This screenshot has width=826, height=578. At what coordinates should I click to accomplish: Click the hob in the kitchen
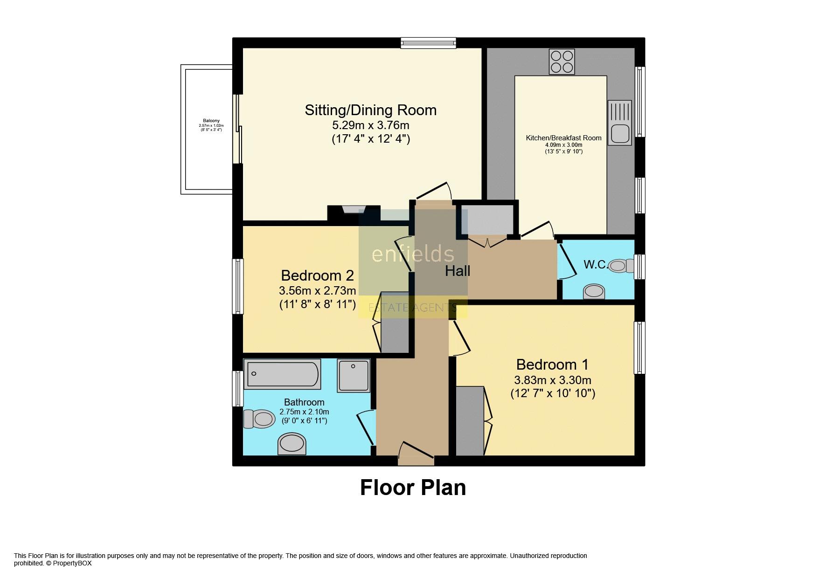pos(562,62)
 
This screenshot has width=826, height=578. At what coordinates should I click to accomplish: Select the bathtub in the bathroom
pos(282,374)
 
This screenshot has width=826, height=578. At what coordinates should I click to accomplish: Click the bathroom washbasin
pos(292,443)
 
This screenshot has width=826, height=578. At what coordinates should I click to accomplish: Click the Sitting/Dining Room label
pos(370,110)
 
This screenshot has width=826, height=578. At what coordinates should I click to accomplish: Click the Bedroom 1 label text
pos(552,364)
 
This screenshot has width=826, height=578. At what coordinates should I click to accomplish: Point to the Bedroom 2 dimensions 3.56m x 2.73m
pos(317,291)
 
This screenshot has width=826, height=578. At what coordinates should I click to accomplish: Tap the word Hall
pos(457,271)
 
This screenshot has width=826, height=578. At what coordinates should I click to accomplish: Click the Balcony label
pos(211,121)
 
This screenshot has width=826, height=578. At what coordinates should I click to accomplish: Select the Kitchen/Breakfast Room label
pos(563,138)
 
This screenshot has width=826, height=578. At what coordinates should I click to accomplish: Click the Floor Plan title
pos(413,488)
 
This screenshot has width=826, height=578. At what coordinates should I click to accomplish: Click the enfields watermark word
pos(412,255)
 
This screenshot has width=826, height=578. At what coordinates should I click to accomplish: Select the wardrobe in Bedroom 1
pos(470,420)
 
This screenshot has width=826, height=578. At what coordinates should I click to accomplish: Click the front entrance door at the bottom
pos(416,454)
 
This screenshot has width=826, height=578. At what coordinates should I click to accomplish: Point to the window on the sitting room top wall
pos(428,43)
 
